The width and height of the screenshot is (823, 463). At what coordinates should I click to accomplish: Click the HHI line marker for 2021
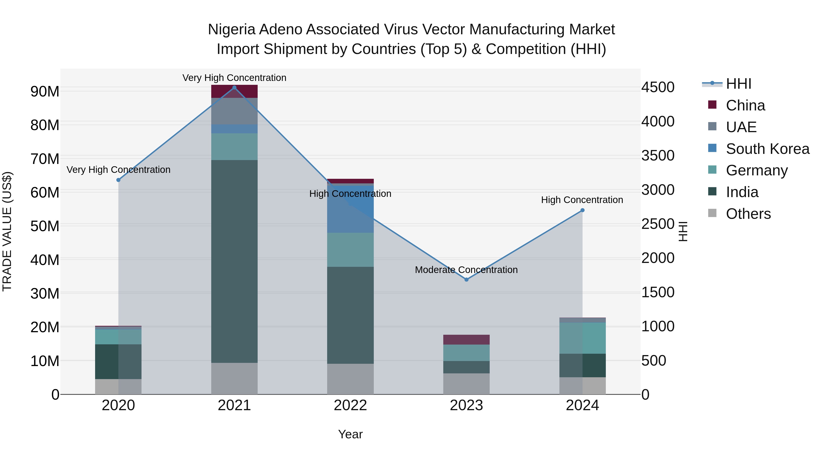(x=234, y=88)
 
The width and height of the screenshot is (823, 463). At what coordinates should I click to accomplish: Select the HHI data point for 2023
(x=466, y=280)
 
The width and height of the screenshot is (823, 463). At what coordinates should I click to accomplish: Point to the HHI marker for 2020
(x=118, y=180)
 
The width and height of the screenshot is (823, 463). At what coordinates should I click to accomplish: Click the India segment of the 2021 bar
(x=234, y=261)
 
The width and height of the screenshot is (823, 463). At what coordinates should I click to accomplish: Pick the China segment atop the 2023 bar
(x=466, y=340)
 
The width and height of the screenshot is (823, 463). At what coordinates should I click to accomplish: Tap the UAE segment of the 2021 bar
(x=234, y=111)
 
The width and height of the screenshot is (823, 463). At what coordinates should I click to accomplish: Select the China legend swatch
(x=712, y=105)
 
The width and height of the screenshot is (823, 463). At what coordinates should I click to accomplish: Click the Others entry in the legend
(x=748, y=214)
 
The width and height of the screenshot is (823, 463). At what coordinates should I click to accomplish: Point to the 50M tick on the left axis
(x=45, y=226)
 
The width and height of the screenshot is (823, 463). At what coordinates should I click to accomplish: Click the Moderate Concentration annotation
(x=466, y=270)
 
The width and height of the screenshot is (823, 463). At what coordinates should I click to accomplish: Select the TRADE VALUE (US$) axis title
(x=7, y=231)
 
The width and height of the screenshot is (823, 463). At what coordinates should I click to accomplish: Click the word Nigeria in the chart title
(x=232, y=29)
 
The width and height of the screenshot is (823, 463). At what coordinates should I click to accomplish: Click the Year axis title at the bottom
(x=350, y=434)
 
